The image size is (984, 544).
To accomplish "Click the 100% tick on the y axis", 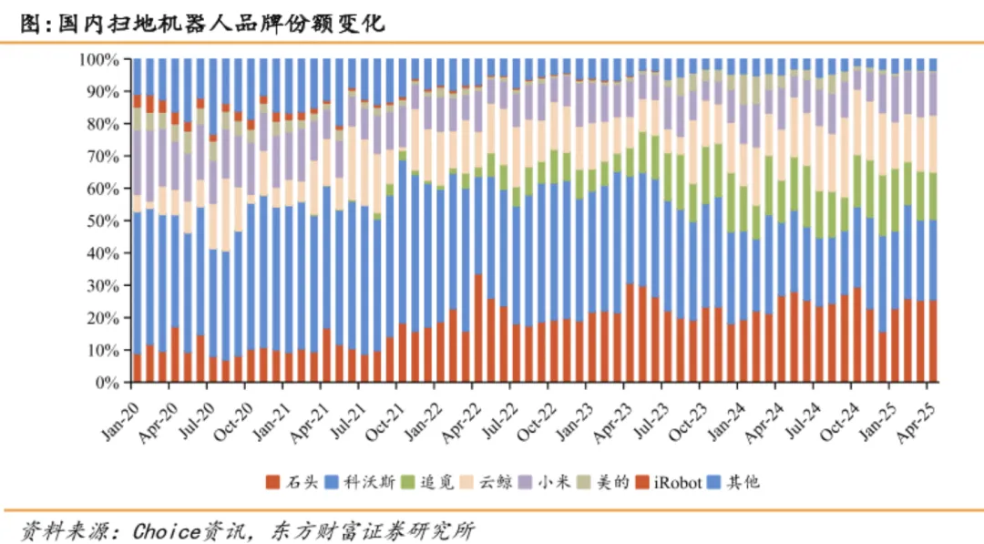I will click(98, 60).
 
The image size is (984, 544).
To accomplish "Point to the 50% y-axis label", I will click(102, 221).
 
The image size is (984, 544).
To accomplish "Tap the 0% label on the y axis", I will click(106, 383).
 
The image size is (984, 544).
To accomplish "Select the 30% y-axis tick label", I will click(102, 286).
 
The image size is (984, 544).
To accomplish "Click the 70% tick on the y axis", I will click(102, 157).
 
